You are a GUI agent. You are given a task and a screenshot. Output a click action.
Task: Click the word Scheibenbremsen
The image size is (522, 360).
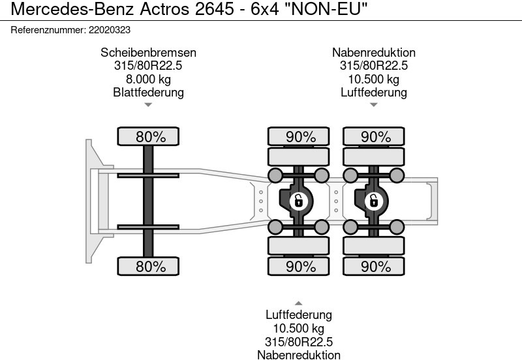(x=148, y=53)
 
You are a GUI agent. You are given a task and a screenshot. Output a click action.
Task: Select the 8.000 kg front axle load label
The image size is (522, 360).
(x=148, y=79)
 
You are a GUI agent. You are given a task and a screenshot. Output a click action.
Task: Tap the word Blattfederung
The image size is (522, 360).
(x=148, y=92)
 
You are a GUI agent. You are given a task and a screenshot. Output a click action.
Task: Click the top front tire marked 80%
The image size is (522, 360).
(x=150, y=137)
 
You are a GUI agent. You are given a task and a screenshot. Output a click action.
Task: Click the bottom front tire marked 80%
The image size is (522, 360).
(x=150, y=266)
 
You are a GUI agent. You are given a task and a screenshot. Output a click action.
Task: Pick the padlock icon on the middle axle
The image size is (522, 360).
(x=298, y=201)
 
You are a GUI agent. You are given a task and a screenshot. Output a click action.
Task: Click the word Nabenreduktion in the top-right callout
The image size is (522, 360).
(x=373, y=53)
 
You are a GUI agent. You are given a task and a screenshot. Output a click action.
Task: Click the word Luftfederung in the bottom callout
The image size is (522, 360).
(x=298, y=316)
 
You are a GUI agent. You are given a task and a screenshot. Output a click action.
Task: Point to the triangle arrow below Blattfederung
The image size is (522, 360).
(x=148, y=104)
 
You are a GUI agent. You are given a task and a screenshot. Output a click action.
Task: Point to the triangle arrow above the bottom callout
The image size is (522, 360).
(x=298, y=303)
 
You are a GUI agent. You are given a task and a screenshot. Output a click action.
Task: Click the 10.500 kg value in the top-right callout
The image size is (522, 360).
(x=373, y=79)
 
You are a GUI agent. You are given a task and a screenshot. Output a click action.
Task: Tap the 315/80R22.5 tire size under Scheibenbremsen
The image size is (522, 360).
(x=148, y=66)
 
